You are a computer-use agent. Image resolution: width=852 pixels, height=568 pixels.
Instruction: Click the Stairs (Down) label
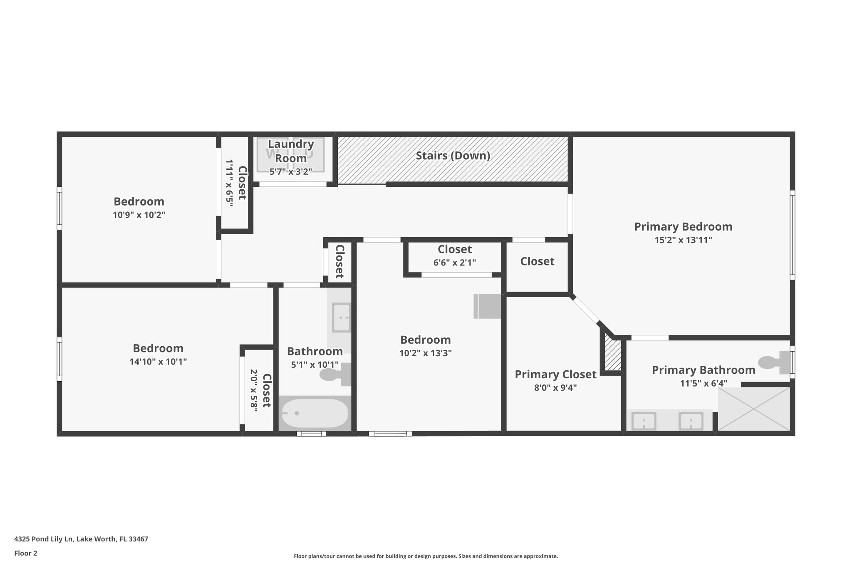tap(453, 156)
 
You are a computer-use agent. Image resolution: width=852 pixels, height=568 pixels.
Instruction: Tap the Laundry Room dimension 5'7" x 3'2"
tap(291, 171)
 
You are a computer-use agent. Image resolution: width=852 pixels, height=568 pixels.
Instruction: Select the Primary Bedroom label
tap(683, 227)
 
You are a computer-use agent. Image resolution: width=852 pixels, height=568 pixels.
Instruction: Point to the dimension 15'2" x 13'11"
tap(683, 240)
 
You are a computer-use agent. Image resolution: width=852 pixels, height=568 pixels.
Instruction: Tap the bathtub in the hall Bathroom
tap(315, 413)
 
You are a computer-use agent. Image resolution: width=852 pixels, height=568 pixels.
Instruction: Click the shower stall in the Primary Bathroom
tap(754, 409)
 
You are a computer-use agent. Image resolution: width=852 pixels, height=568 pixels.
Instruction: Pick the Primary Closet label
tap(555, 375)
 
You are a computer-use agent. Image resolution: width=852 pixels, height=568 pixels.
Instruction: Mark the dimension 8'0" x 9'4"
tap(555, 388)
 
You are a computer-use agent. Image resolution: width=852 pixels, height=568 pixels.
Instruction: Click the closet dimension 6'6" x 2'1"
tap(454, 263)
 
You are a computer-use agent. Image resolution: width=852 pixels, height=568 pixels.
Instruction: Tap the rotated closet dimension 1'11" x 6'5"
tap(230, 179)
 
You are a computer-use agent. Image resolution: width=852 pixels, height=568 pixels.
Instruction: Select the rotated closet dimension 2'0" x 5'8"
tap(254, 390)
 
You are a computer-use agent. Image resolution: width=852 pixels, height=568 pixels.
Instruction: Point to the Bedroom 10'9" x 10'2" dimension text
tap(139, 215)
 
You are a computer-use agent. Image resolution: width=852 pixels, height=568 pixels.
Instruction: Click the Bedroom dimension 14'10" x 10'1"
tap(158, 362)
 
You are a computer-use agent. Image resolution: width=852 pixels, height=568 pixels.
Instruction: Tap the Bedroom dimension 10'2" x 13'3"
tap(425, 353)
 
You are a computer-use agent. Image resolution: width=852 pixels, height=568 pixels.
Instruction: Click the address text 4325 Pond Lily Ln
tap(44, 539)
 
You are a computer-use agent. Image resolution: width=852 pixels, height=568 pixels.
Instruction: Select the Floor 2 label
tap(26, 553)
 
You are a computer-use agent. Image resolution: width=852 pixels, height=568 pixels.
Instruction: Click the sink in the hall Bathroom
tap(341, 317)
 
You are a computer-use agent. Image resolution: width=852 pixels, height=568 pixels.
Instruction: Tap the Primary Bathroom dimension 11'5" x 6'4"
tap(703, 383)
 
